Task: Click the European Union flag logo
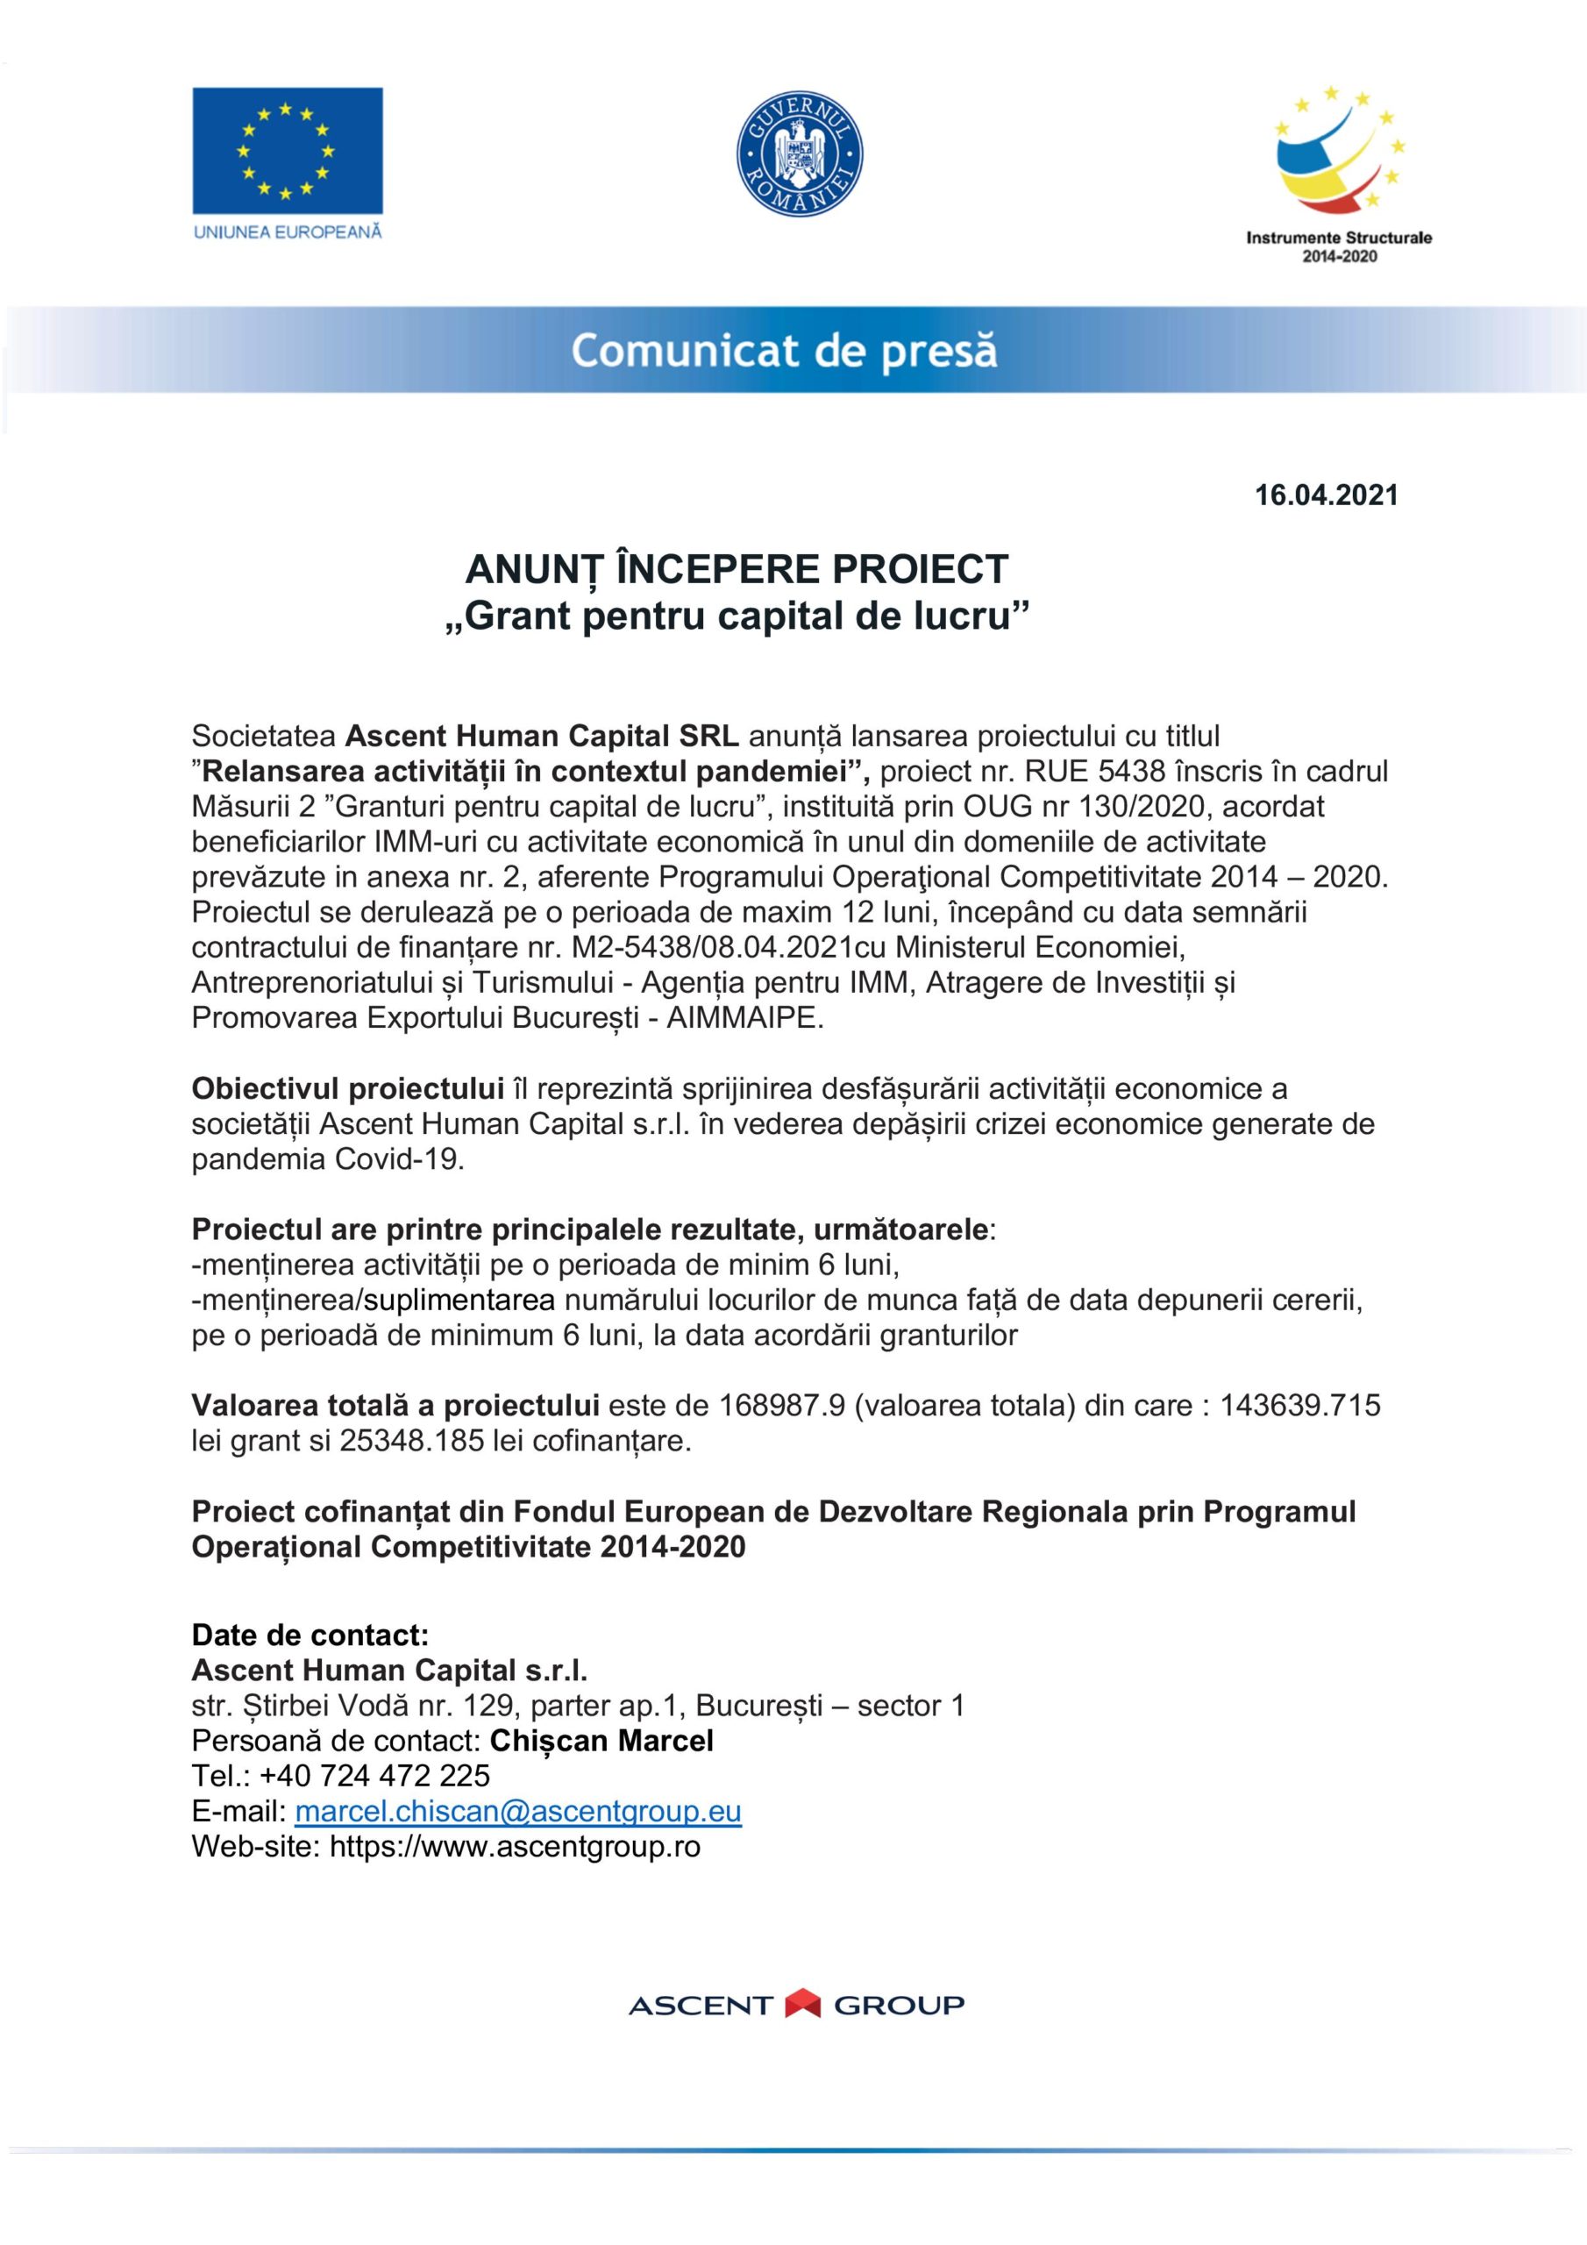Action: (287, 151)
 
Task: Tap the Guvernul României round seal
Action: (799, 155)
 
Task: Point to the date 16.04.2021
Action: (1326, 495)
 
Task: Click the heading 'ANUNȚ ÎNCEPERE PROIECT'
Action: (737, 569)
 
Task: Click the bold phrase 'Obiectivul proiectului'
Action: (347, 1088)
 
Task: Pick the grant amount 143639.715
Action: (1299, 1406)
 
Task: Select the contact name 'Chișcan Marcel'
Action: (601, 1741)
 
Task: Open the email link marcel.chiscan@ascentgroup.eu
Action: (517, 1811)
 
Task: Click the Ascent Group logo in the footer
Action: (795, 2005)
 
